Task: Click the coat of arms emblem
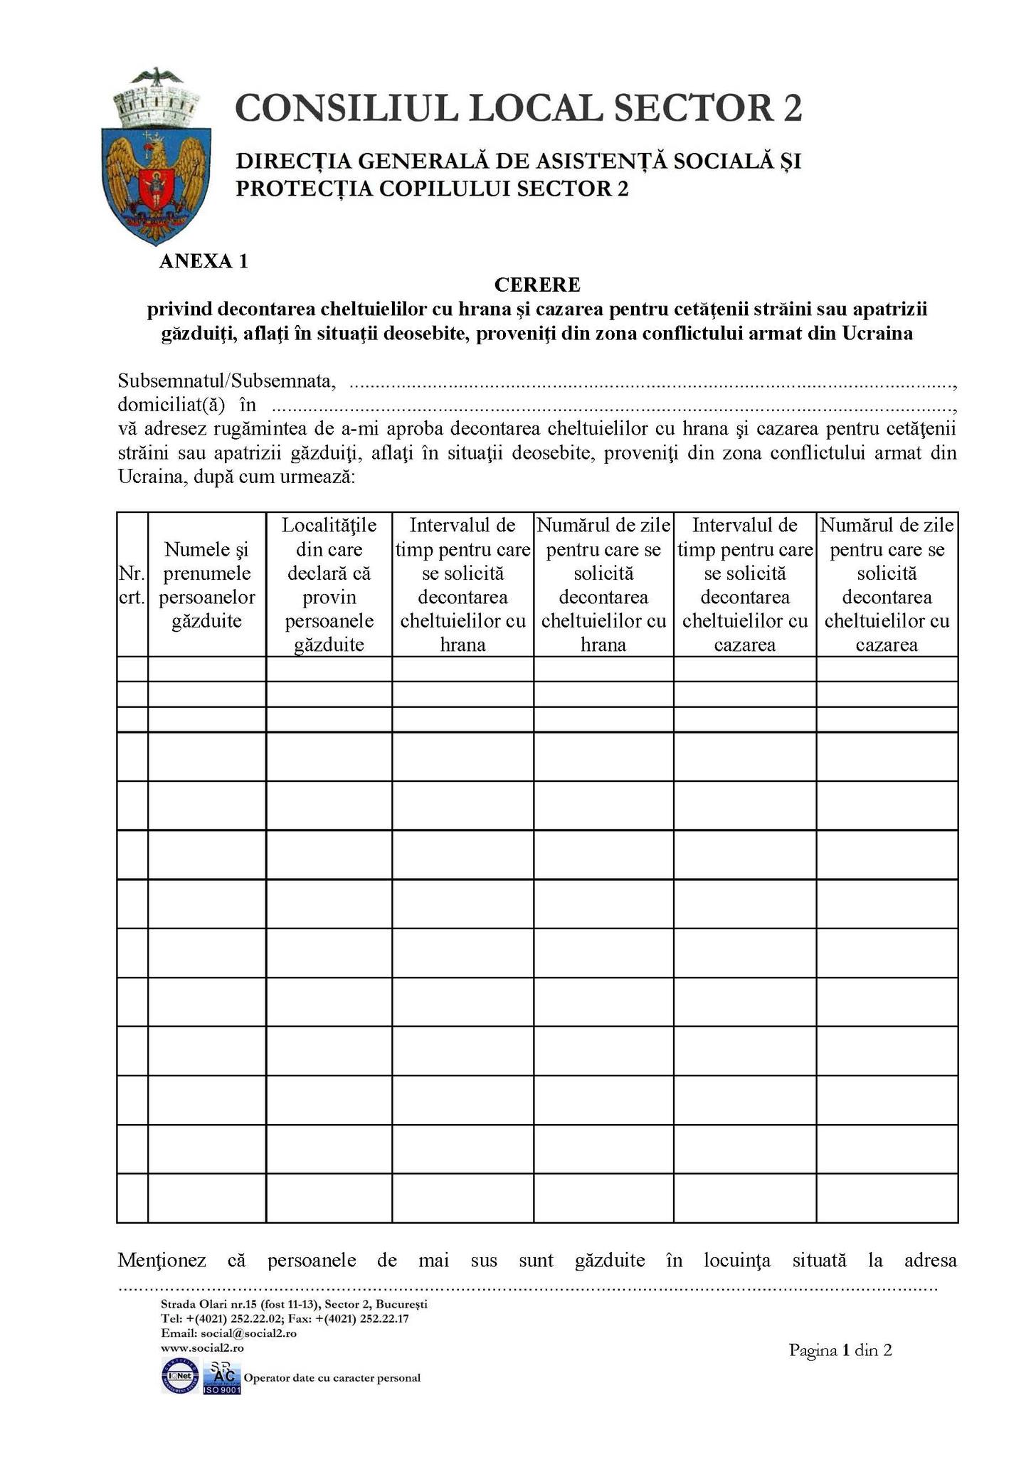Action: click(156, 157)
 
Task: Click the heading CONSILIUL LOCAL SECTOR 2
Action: click(518, 108)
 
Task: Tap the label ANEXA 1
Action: click(203, 262)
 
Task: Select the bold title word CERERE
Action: click(537, 285)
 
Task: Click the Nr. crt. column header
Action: click(132, 585)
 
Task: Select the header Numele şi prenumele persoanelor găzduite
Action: click(207, 585)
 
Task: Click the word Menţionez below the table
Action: click(162, 1261)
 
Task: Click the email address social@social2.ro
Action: click(248, 1333)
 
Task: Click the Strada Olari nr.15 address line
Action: click(294, 1305)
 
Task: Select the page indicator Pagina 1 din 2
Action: click(840, 1350)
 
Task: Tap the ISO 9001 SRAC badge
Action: click(221, 1378)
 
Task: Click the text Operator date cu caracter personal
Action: click(332, 1378)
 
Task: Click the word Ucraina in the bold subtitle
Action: click(877, 333)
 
